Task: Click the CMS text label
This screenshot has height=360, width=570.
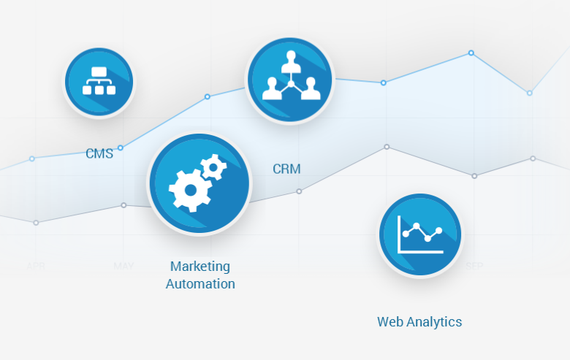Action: tap(99, 154)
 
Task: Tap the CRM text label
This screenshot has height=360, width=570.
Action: tap(286, 169)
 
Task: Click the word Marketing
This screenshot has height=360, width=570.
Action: tap(200, 267)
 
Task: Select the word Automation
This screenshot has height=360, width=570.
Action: tap(200, 284)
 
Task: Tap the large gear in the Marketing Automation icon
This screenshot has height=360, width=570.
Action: tap(190, 189)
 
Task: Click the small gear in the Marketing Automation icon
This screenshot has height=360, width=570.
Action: tap(213, 168)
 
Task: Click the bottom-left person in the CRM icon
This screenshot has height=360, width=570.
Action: tap(271, 89)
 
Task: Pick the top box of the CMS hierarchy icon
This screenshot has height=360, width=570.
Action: tap(99, 72)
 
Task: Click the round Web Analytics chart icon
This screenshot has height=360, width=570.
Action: tap(419, 235)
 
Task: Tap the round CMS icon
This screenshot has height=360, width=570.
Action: tap(99, 81)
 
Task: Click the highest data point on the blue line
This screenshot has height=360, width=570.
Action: tap(471, 53)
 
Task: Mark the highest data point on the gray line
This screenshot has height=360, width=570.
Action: tap(387, 147)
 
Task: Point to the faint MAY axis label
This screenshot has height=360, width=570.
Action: tap(123, 266)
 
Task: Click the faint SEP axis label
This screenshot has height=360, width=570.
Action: tap(474, 266)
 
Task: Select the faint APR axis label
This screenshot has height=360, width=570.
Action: tap(36, 266)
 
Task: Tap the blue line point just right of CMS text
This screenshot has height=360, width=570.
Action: tap(121, 148)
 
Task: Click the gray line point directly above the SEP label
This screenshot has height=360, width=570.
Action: tap(474, 176)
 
